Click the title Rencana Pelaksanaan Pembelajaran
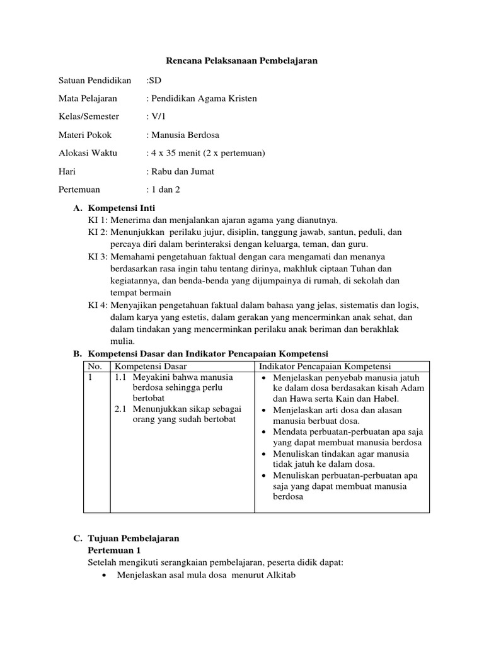pyautogui.click(x=241, y=60)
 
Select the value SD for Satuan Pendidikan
pyautogui.click(x=155, y=80)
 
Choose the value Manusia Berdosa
pyautogui.click(x=183, y=135)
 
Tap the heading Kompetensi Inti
pyautogui.click(x=122, y=208)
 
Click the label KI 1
pyautogui.click(x=98, y=219)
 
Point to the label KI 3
pyautogui.click(x=98, y=256)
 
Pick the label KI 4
pyautogui.click(x=98, y=305)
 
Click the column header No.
pyautogui.click(x=95, y=367)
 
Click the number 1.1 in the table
pyautogui.click(x=122, y=377)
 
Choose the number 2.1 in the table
pyautogui.click(x=122, y=409)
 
